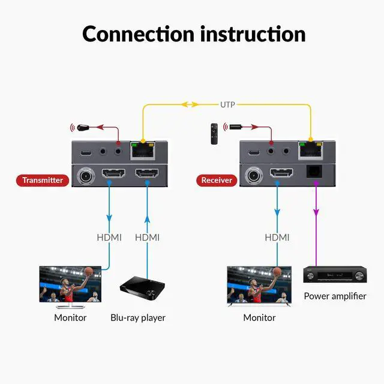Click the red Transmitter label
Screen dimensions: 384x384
[42, 180]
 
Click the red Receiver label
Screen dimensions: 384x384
[216, 180]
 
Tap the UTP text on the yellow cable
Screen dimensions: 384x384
[227, 104]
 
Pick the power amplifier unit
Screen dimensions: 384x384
[334, 276]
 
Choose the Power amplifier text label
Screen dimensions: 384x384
[335, 296]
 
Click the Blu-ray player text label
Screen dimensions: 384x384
[138, 317]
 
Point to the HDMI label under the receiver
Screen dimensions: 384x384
[277, 238]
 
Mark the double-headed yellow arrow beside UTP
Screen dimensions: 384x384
[191, 104]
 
